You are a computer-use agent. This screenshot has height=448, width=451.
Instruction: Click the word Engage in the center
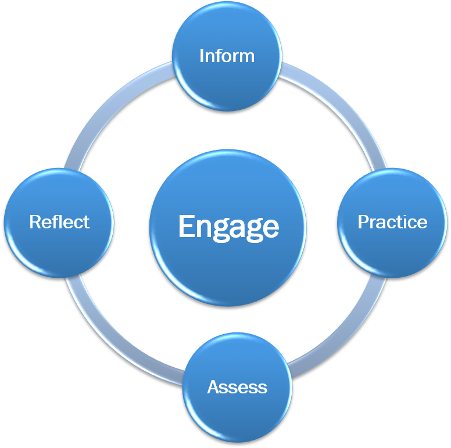[228, 227]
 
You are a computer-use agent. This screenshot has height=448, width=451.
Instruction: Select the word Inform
[227, 56]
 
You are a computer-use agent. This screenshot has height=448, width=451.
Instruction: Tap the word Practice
[392, 222]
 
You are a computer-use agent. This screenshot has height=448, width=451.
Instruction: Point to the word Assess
[237, 387]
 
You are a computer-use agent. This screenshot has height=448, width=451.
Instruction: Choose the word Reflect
[59, 222]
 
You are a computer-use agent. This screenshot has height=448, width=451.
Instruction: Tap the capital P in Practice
[362, 222]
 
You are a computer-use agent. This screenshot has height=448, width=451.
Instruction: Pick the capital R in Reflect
[34, 222]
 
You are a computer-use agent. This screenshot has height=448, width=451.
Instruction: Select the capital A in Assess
[213, 387]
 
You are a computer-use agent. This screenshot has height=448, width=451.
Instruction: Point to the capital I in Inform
[201, 56]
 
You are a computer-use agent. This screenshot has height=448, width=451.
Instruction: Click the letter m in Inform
[246, 57]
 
